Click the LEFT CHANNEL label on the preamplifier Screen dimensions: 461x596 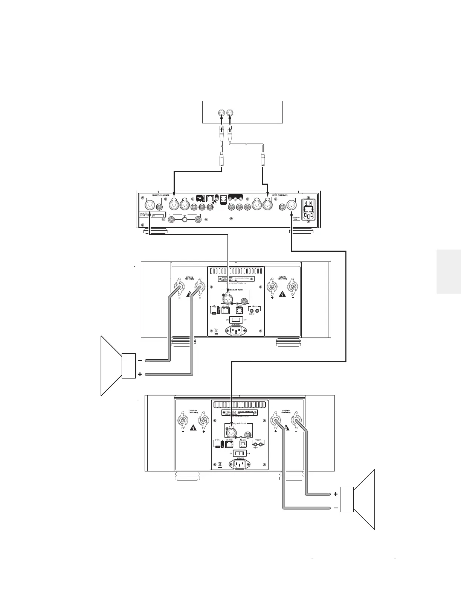[x=280, y=196]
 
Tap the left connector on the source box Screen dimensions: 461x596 [x=221, y=112]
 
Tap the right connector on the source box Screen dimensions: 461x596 [x=230, y=112]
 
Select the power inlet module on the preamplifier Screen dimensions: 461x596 [x=308, y=209]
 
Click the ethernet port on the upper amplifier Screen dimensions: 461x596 [x=226, y=310]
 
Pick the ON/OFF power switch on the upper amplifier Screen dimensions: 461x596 [x=236, y=319]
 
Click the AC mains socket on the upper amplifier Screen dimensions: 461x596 [x=236, y=331]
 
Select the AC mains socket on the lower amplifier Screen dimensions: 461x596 [x=239, y=464]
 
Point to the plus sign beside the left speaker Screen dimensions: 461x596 [x=140, y=375]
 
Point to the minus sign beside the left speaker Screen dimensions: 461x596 [x=140, y=360]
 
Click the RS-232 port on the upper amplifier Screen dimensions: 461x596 [x=239, y=310]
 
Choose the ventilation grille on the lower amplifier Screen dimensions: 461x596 [x=240, y=405]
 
